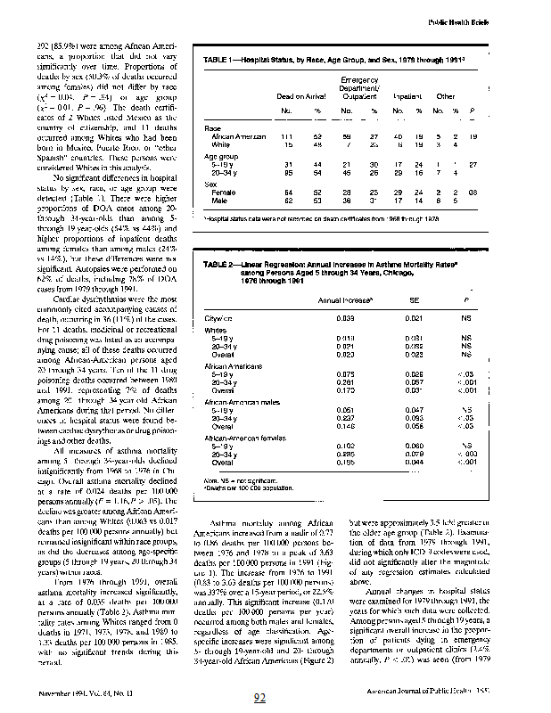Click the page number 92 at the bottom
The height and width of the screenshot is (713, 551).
tap(260, 698)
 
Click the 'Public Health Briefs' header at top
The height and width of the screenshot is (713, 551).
tap(490, 21)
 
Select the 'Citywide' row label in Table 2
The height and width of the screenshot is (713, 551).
tap(218, 316)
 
